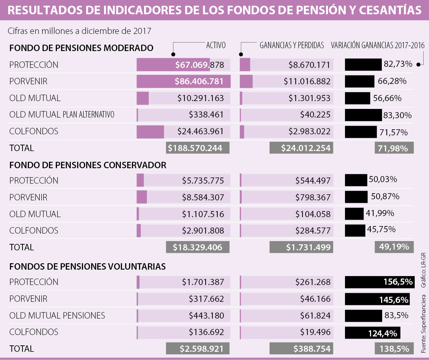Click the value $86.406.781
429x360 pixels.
point(199,81)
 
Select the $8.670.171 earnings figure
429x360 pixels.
point(310,65)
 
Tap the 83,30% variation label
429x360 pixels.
point(398,115)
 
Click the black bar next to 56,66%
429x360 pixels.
point(357,98)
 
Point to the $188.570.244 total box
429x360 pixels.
point(198,148)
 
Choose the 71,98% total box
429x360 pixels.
point(394,148)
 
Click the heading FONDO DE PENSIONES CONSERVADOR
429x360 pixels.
point(88,165)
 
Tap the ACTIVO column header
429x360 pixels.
point(216,45)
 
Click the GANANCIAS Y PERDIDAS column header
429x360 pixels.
point(292,45)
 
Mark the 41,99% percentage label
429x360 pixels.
point(380,213)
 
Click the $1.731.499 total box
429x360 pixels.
point(301,247)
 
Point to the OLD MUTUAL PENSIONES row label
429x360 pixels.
point(57,315)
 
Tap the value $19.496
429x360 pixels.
point(313,332)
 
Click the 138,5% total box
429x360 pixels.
point(394,349)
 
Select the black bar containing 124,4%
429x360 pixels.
point(373,332)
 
